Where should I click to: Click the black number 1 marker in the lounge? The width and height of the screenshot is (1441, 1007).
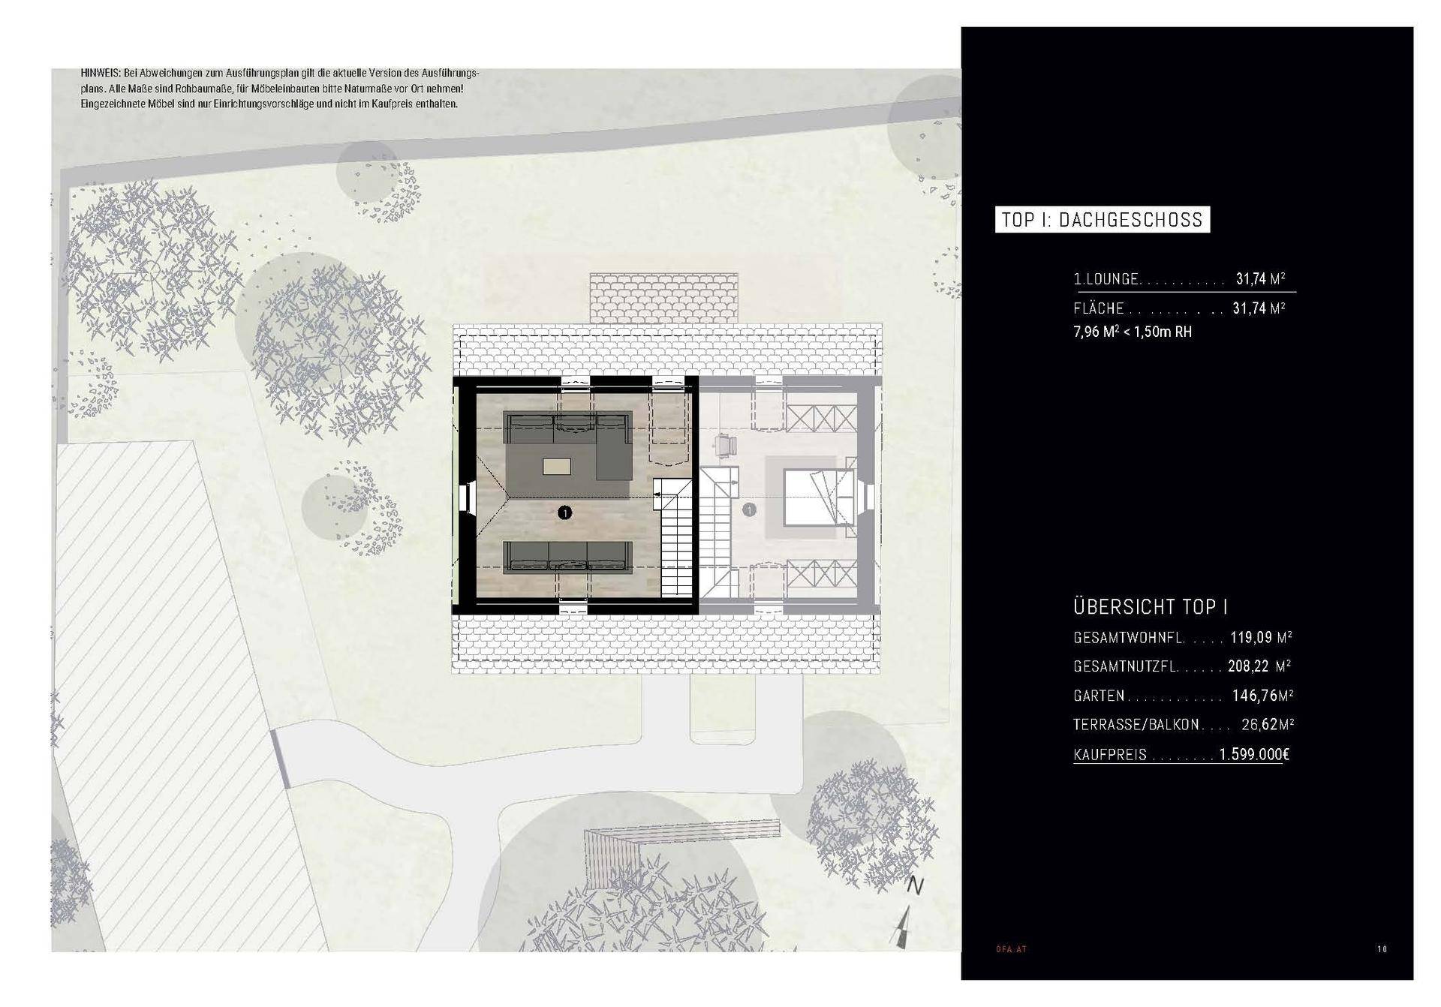[565, 513]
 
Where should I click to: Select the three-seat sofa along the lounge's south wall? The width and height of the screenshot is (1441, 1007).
[567, 556]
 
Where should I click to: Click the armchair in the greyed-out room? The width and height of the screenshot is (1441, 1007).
[724, 445]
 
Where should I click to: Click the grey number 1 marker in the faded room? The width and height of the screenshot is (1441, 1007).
[748, 510]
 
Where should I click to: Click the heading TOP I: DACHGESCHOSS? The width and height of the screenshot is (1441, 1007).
[1102, 220]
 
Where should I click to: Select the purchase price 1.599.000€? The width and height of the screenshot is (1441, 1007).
[1254, 754]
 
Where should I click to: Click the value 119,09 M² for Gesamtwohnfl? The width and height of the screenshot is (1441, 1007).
[1261, 638]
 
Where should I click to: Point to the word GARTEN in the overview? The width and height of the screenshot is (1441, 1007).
[1099, 696]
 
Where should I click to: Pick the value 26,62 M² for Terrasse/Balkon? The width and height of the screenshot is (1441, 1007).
[1268, 725]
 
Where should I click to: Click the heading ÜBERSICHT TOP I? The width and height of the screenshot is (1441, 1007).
[1151, 606]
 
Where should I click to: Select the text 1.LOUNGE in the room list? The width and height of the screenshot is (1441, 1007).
[1106, 279]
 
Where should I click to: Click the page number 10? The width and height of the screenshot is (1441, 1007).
[1382, 949]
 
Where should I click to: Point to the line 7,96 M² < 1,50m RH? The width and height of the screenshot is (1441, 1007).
[1133, 332]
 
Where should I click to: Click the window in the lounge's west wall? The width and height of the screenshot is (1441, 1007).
[464, 497]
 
